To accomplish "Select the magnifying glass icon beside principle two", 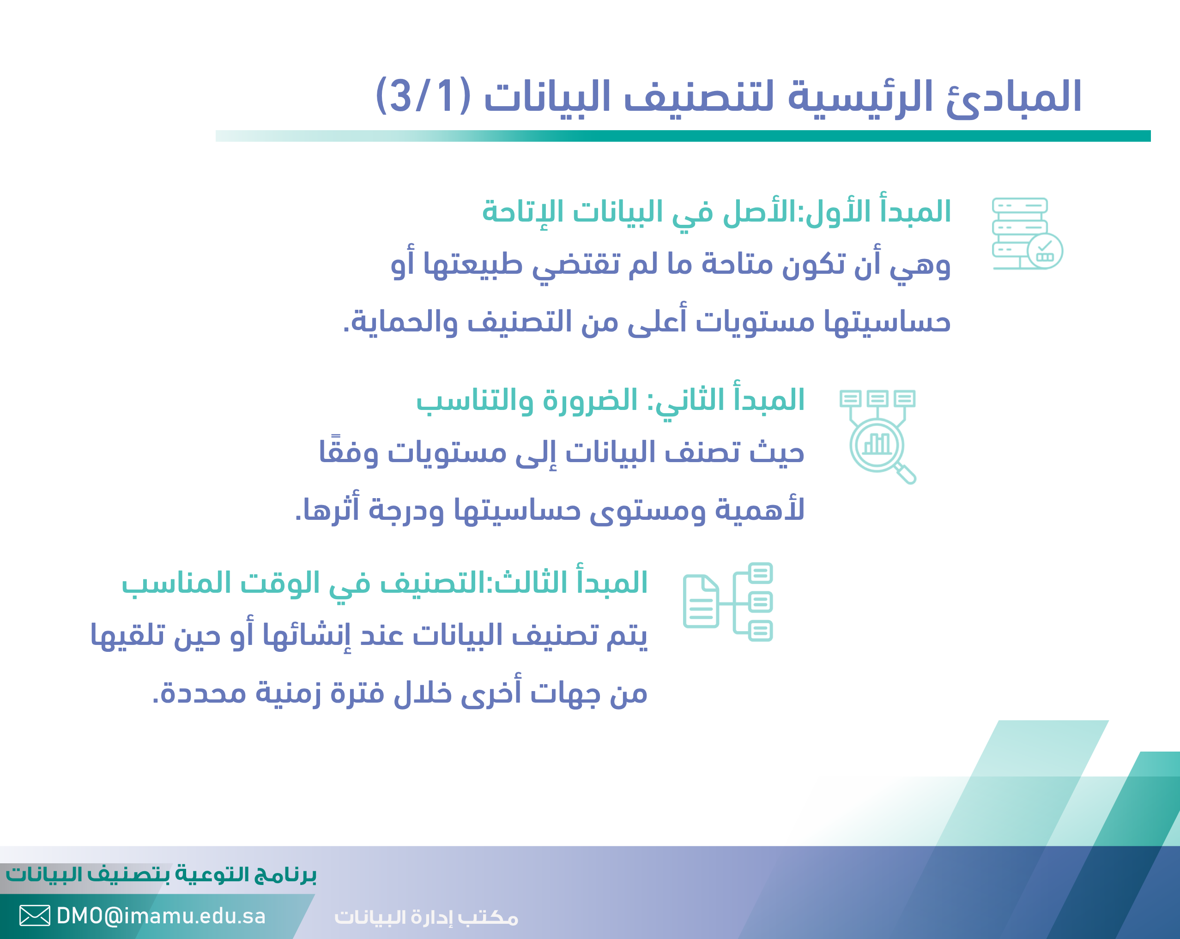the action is click(x=878, y=437).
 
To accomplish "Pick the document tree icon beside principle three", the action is click(x=728, y=602).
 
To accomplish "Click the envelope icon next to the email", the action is click(x=35, y=915).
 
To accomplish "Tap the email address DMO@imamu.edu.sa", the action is click(x=161, y=915).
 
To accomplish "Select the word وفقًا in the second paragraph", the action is click(x=349, y=451).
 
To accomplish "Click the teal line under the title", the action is click(x=683, y=136).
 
